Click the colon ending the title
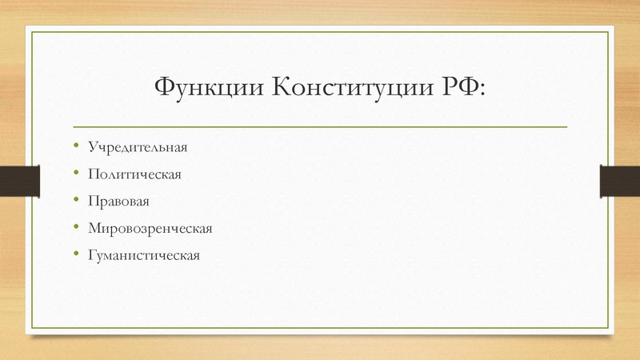click(482, 89)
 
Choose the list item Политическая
click(135, 175)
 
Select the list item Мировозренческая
click(150, 230)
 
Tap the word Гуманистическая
click(143, 257)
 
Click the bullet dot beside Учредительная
click(75, 146)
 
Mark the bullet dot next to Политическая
click(75, 174)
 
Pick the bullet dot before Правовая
click(75, 201)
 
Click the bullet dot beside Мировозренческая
click(75, 228)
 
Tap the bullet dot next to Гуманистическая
click(75, 255)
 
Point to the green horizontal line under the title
click(320, 127)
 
